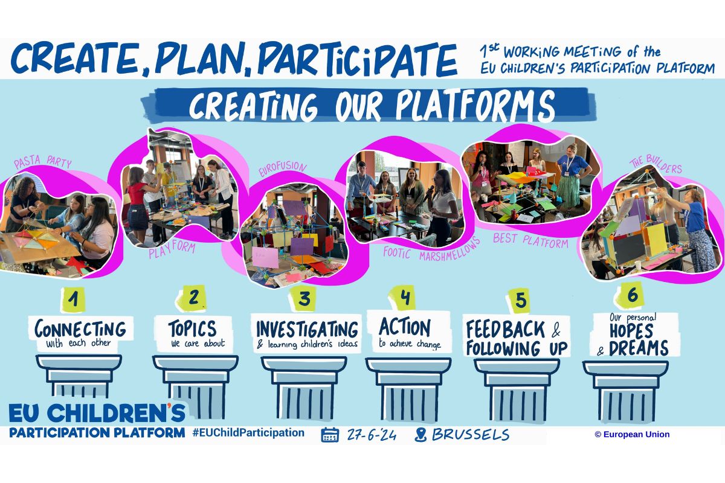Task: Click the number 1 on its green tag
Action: pos(74,299)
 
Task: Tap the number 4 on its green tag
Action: pos(405,296)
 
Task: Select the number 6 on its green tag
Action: pos(633,295)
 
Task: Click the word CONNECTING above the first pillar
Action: pos(80,328)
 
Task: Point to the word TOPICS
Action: pos(192,328)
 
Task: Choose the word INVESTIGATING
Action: pos(307,329)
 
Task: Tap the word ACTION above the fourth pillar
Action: pos(405,327)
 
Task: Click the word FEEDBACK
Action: pos(506,329)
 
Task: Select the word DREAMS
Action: pos(639,348)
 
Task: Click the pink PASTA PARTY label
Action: pos(43,162)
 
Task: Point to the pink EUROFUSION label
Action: pos(282,168)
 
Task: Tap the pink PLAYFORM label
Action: pos(172,250)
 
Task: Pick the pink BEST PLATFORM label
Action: pos(530,240)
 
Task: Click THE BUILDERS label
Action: pos(656,164)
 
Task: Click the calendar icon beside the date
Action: pos(330,435)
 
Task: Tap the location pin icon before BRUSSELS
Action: pos(420,435)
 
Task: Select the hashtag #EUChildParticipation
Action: pos(248,432)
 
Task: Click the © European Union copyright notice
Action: pos(632,434)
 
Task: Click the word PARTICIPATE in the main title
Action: pos(357,59)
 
